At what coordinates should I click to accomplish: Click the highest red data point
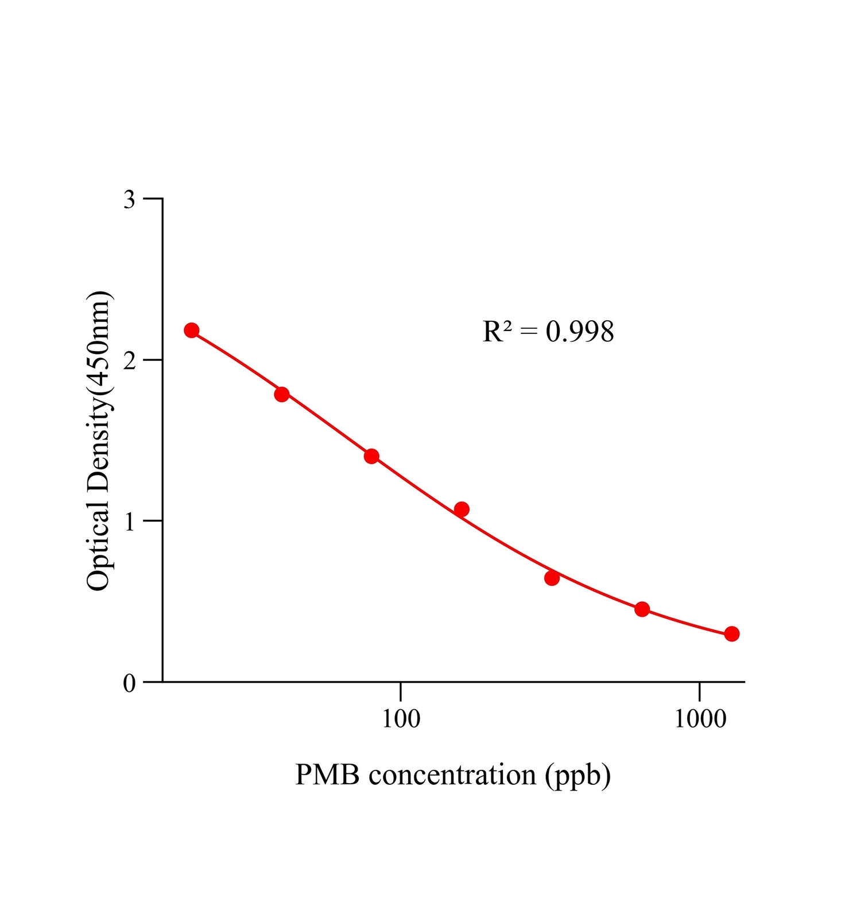coord(192,330)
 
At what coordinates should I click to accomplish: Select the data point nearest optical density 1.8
coord(282,394)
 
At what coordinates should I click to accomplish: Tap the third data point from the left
coord(371,456)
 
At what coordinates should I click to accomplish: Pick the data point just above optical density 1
coord(462,509)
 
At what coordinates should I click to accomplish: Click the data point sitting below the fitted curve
coord(552,578)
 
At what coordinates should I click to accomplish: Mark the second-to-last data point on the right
coord(642,609)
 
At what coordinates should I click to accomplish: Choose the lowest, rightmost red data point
coord(731,634)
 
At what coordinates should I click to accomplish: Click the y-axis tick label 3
coord(129,200)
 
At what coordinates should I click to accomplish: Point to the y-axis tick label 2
coord(129,361)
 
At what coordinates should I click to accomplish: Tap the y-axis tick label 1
coord(129,522)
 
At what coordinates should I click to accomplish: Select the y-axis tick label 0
coord(129,683)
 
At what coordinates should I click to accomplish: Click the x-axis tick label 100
coord(401,719)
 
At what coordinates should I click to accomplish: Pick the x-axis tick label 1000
coord(700,719)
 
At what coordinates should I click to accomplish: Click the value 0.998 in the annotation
coord(580,332)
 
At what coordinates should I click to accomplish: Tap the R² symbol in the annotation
coord(497,332)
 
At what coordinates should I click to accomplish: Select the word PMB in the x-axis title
coord(327,775)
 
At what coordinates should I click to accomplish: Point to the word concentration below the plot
coord(452,775)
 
